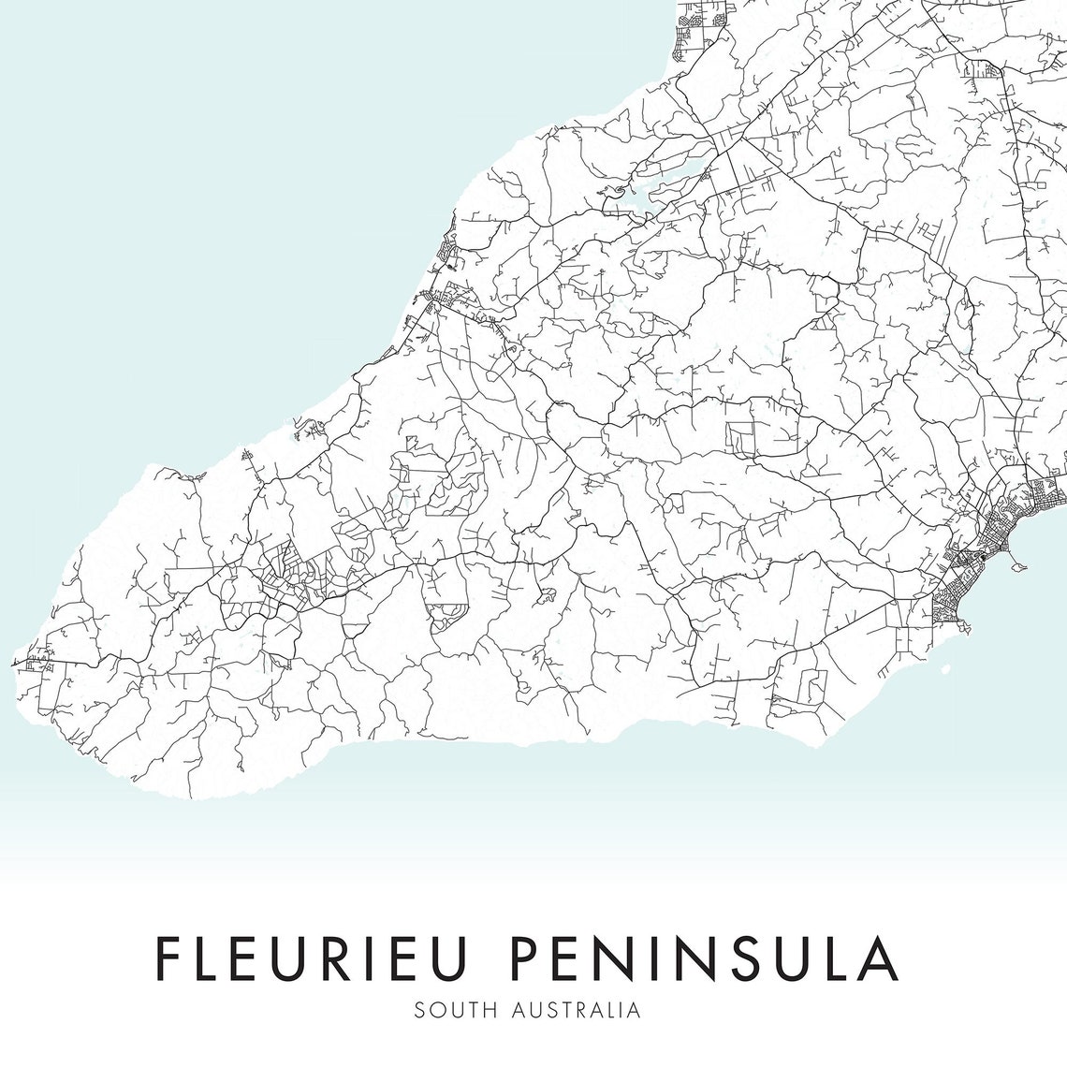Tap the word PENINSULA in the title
point(704,957)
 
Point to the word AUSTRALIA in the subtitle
point(577,1011)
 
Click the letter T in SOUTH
point(476,1011)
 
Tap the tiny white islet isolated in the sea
point(946,668)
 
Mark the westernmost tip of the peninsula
point(13,664)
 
